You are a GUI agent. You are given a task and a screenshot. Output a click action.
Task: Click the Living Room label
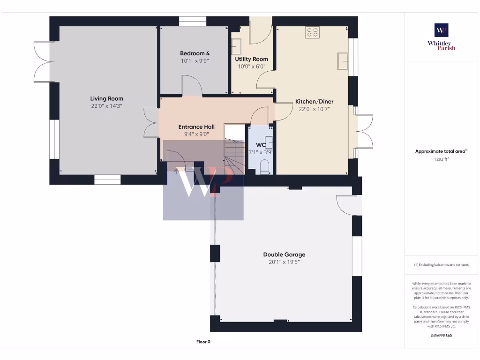pos(107,98)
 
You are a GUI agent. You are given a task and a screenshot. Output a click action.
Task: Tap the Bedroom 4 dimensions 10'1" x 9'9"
pos(195,61)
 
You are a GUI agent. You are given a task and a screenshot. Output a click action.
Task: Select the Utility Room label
pos(251,59)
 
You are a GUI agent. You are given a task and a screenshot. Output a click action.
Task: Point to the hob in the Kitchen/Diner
pos(312,32)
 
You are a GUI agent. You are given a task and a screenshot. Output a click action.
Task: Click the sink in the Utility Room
pos(236,47)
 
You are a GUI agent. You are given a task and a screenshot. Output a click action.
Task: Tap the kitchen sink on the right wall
pos(343,61)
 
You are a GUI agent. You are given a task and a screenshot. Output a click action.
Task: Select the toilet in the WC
pos(264,166)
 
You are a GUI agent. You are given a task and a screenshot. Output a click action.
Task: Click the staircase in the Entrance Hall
pos(234,150)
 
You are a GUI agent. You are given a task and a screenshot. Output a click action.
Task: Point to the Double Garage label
pos(284,255)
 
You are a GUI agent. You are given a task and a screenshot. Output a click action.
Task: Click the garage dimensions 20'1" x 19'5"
pos(284,262)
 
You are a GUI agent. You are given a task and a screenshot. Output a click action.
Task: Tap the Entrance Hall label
pos(196,127)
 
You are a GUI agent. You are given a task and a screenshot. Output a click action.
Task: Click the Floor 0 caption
pos(203,342)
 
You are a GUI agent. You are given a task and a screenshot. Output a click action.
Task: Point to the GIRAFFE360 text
pos(441,336)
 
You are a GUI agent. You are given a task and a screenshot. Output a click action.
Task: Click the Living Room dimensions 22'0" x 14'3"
pos(107,106)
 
